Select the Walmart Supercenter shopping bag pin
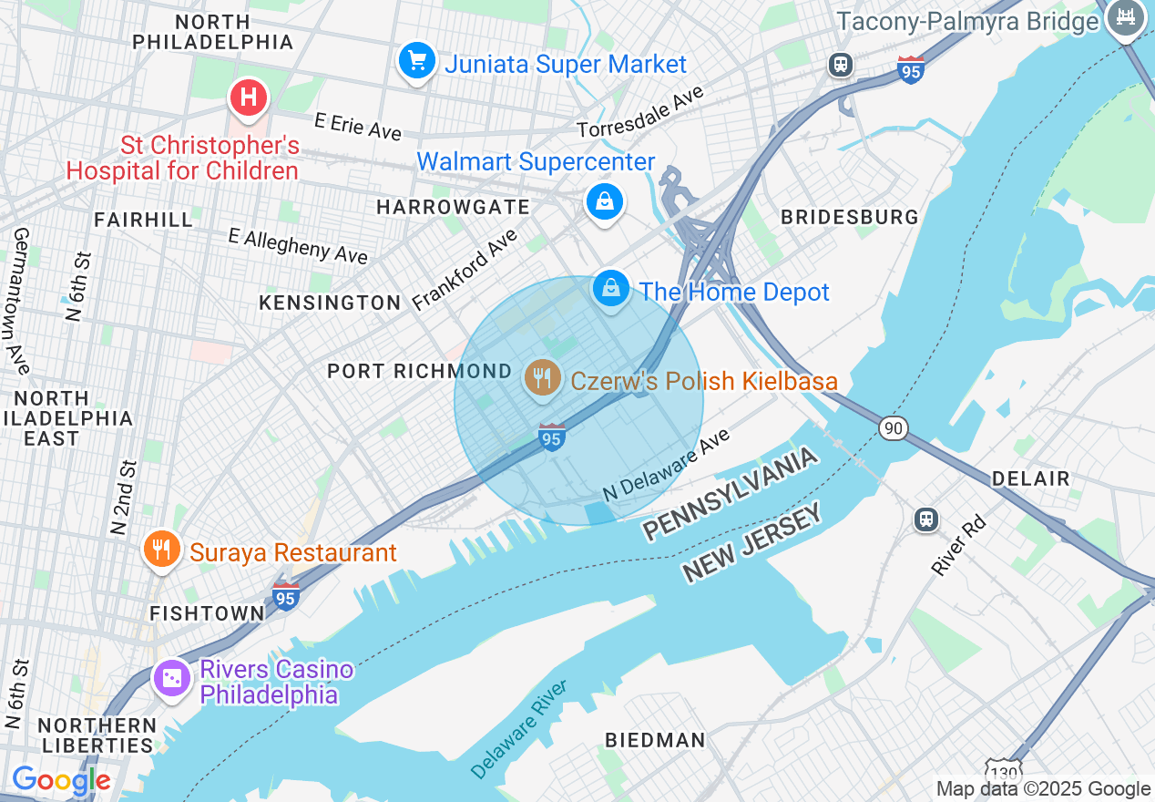coord(605,201)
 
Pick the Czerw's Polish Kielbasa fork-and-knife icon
coord(543,378)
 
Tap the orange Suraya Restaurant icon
coord(161,550)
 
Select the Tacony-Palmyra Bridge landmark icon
coord(1126,19)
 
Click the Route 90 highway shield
coord(894,427)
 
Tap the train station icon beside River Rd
coord(926,519)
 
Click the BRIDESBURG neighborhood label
coord(850,217)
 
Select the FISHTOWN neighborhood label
coord(207,613)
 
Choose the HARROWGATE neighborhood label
coord(453,207)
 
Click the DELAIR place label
coord(1030,478)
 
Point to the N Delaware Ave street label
coord(667,464)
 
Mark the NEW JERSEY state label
coord(752,544)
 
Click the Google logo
coord(61,781)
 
